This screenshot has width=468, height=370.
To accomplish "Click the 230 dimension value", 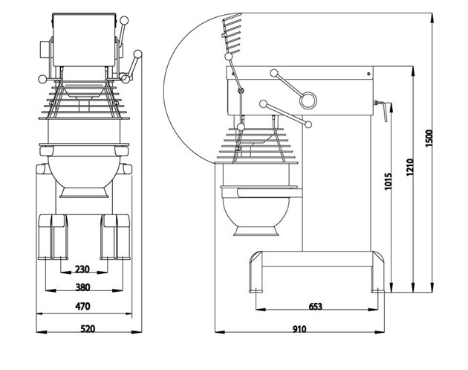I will (x=82, y=269).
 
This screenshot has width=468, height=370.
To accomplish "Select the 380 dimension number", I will (x=82, y=287).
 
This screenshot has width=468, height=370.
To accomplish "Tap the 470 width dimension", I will (x=82, y=306).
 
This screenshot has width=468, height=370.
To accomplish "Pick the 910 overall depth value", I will (x=300, y=327).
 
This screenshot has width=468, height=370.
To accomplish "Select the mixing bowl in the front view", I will (x=82, y=171).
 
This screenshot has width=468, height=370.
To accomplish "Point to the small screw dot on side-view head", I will (x=368, y=74).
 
